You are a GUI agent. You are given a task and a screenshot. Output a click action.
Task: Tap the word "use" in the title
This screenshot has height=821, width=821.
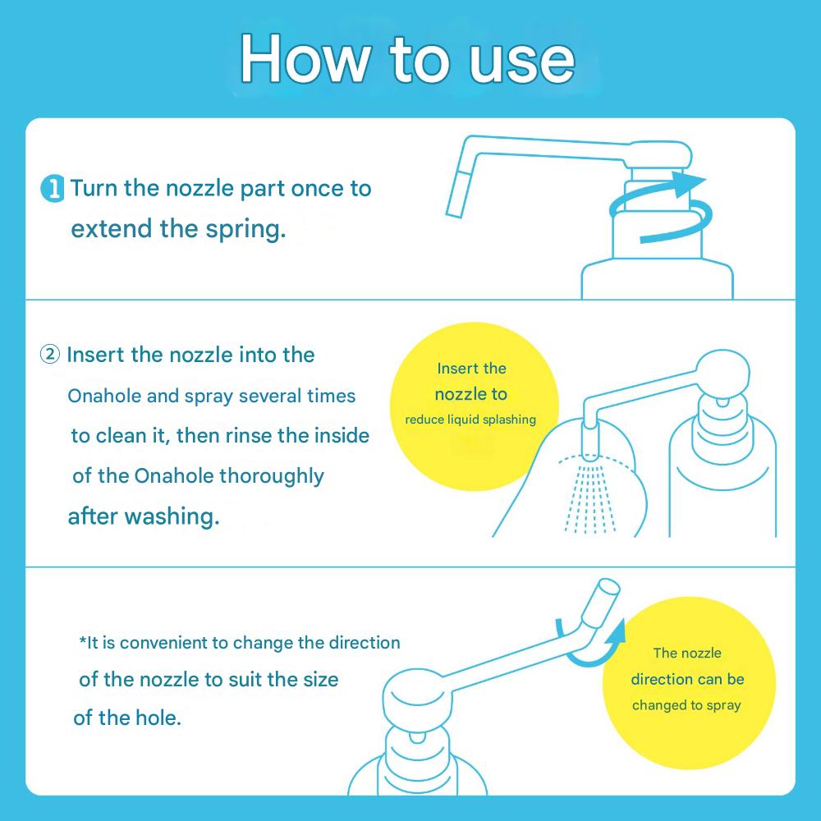click(x=521, y=62)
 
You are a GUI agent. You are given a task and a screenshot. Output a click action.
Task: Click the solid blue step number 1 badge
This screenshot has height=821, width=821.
click(x=53, y=189)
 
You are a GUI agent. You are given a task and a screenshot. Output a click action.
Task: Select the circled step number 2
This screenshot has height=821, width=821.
click(x=50, y=355)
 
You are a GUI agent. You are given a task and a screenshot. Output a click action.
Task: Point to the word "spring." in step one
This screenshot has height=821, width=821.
click(x=245, y=229)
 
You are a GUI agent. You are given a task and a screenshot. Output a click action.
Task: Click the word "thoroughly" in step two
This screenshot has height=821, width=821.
click(x=271, y=476)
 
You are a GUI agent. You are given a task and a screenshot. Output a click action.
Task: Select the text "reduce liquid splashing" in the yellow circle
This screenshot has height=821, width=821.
click(x=470, y=420)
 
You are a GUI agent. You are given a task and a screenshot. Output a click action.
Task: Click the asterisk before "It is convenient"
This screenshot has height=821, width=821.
click(x=82, y=640)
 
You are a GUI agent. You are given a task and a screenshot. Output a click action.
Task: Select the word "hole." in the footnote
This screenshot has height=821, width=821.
click(x=158, y=718)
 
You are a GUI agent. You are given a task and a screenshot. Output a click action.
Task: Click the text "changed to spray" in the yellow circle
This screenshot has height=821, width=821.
click(x=686, y=705)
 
